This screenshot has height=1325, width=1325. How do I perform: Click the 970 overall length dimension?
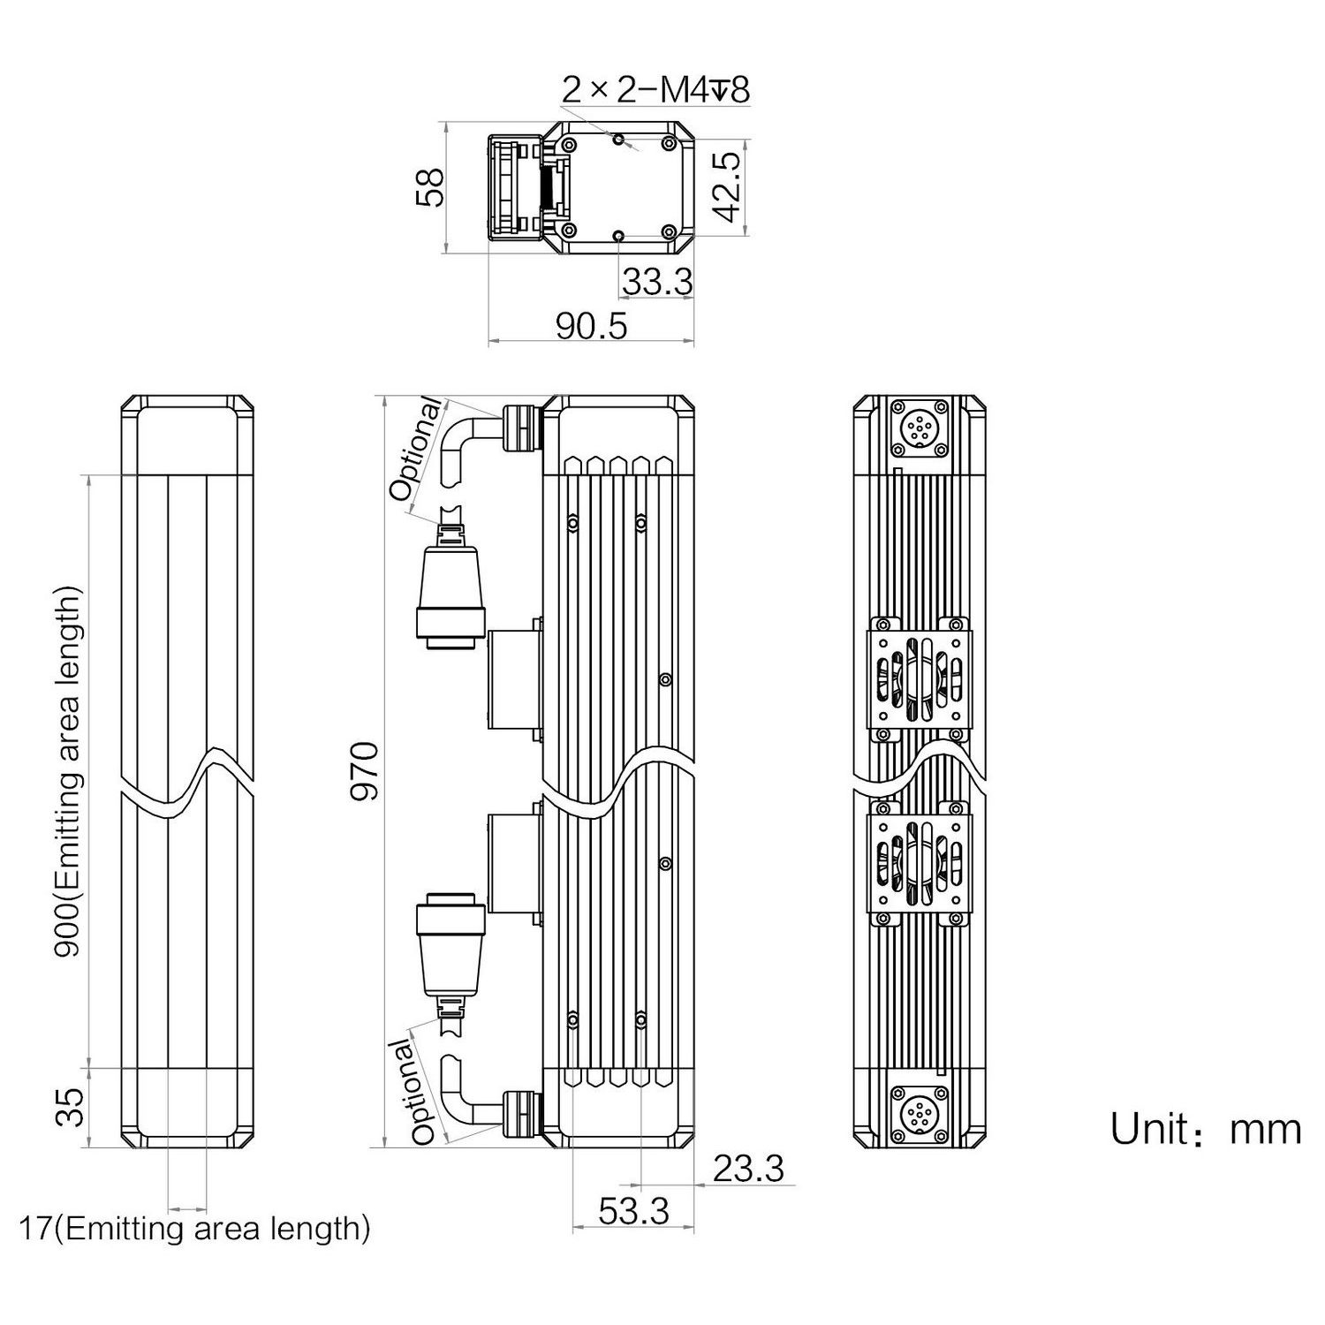coord(364,772)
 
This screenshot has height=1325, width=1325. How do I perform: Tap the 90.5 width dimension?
coord(591,326)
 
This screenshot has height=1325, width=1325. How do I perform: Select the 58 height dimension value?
coord(429,188)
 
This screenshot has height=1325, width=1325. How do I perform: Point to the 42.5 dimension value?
coord(726,187)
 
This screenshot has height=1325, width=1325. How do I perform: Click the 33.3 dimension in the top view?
coord(657,282)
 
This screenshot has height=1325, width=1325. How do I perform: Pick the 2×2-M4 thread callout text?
coord(655,89)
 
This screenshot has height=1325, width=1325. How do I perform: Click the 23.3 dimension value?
coord(748,1169)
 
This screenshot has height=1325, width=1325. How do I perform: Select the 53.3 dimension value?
coord(633,1210)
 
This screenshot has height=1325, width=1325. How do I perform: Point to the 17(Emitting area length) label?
coord(194,1228)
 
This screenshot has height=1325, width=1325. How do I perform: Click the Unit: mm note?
coord(1206,1129)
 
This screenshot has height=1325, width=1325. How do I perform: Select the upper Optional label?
coord(416,450)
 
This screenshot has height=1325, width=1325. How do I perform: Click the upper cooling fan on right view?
coord(920,678)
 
